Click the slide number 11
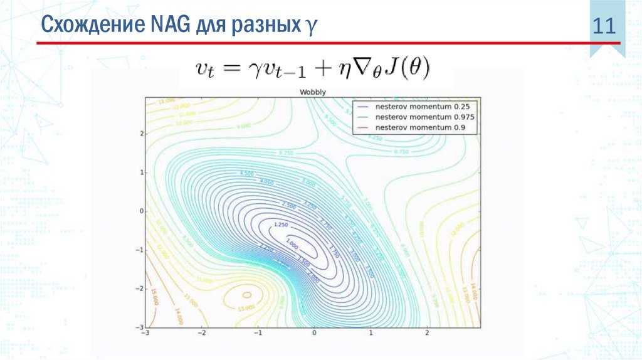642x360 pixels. click(x=606, y=28)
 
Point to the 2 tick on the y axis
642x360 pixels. click(x=142, y=134)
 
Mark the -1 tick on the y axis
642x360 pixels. click(x=140, y=250)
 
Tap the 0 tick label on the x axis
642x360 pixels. click(x=314, y=332)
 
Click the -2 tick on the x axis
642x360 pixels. click(x=201, y=332)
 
